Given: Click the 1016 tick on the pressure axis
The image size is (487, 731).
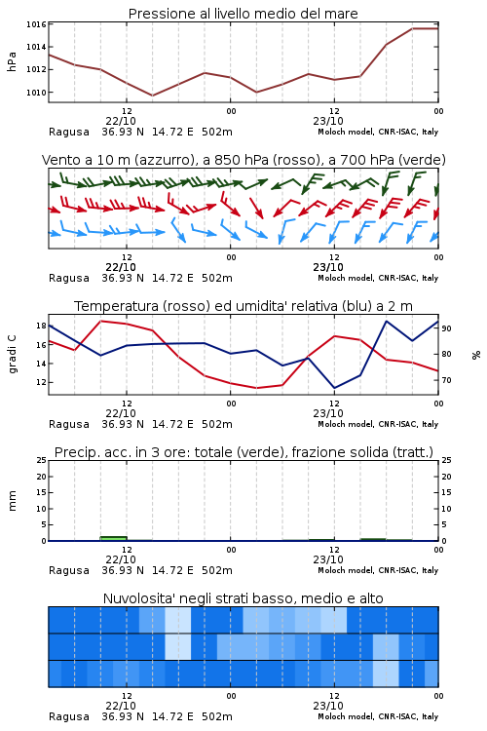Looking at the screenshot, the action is [x=36, y=24].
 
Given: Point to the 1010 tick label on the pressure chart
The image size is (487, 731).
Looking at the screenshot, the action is [x=36, y=93].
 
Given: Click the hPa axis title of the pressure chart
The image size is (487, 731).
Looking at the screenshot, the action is [x=12, y=62].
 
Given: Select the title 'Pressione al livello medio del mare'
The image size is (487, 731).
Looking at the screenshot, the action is [x=243, y=14].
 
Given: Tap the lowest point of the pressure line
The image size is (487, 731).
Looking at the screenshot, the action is [x=152, y=96].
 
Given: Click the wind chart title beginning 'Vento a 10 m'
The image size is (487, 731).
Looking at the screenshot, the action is [x=243, y=160].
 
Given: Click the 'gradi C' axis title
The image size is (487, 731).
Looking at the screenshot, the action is [x=12, y=355].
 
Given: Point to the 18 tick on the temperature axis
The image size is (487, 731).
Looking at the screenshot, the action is [x=41, y=326].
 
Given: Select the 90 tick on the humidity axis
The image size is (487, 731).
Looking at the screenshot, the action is [x=446, y=328].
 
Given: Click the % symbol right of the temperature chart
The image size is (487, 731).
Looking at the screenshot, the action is [x=476, y=355].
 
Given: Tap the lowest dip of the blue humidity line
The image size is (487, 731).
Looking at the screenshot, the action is [x=334, y=388].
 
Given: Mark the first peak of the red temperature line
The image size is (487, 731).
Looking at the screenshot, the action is [x=100, y=322].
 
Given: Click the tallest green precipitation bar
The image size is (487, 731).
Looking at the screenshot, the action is [x=113, y=538].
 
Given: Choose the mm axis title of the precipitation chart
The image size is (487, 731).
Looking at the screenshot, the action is [x=12, y=501].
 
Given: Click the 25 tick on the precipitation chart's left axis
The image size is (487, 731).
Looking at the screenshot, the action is [x=41, y=461].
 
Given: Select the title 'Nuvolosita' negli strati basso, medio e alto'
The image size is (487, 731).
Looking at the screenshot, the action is [x=243, y=598].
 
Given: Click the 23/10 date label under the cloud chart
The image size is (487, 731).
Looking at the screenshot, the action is [x=328, y=706].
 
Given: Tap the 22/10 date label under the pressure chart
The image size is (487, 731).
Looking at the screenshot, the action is [x=121, y=121].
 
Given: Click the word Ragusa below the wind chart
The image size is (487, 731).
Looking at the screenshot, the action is [x=69, y=279].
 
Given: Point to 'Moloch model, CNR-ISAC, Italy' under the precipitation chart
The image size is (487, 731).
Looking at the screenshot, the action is [x=378, y=570].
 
